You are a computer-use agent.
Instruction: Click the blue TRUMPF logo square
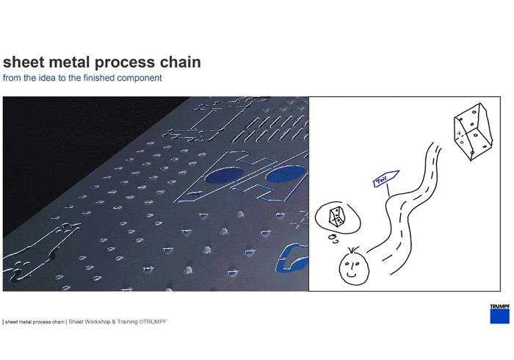(500, 317)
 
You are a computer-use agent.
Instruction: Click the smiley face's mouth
(352, 274)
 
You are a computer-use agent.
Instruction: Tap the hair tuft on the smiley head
(352, 251)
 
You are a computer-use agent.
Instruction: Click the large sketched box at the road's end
(473, 132)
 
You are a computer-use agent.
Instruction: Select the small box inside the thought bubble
(337, 217)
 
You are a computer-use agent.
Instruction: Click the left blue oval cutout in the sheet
(224, 175)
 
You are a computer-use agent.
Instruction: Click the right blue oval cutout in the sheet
(286, 174)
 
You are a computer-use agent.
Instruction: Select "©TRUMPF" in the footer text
(153, 322)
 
